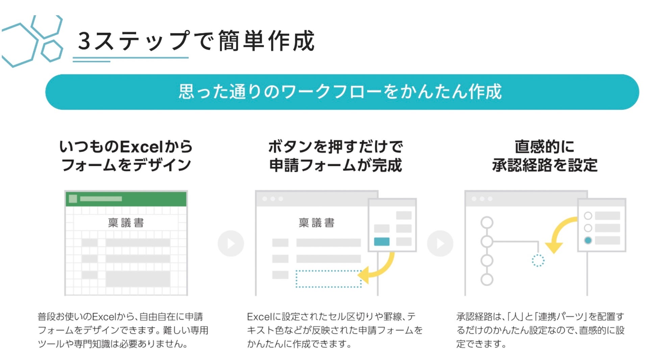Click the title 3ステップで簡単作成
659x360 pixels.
click(x=196, y=41)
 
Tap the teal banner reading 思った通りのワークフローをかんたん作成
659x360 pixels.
click(x=342, y=92)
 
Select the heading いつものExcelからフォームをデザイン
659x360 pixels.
click(x=126, y=156)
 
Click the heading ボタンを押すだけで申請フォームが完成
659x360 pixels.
click(x=335, y=156)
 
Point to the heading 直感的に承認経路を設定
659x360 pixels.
click(x=544, y=156)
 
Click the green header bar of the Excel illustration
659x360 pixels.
click(x=126, y=199)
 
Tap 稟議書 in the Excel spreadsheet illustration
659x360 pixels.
click(x=126, y=223)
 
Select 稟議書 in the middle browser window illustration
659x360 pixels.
click(x=316, y=223)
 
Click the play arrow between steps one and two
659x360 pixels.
click(x=231, y=243)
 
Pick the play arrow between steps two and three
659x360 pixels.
click(x=440, y=243)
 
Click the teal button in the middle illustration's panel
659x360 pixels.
click(x=382, y=241)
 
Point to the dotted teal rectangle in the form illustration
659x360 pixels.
click(x=328, y=279)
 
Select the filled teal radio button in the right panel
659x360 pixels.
click(x=588, y=240)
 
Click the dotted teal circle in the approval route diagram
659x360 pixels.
click(x=538, y=260)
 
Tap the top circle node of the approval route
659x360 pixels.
click(x=487, y=223)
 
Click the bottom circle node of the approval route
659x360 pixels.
click(x=487, y=279)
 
